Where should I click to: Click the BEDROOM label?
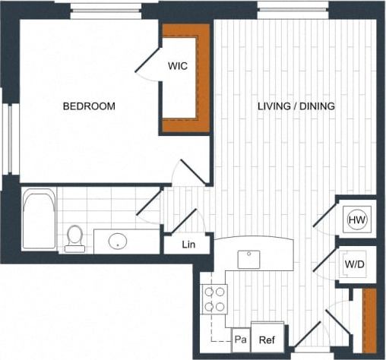tap(89, 106)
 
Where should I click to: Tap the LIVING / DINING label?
tap(296, 106)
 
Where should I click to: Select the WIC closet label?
tap(178, 66)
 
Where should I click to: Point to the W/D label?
tap(354, 264)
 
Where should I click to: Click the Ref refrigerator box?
tap(266, 341)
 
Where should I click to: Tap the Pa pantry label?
tap(240, 340)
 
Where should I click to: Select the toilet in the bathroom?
tap(74, 238)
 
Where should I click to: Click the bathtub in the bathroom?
tap(38, 219)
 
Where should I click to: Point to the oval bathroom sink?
tap(118, 242)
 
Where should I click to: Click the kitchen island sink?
tap(249, 259)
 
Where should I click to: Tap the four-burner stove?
tap(215, 298)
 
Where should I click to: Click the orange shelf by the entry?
tap(369, 317)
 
